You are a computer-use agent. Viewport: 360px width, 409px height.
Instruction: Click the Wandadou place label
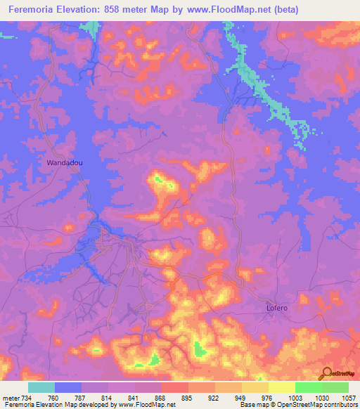coord(65,162)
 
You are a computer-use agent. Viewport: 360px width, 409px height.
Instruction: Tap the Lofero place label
coord(278,308)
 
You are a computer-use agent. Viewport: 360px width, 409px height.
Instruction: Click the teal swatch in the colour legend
coord(41,387)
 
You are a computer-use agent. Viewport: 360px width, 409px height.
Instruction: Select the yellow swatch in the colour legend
coord(282,387)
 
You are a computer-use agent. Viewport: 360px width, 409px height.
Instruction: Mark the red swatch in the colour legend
coord(175,387)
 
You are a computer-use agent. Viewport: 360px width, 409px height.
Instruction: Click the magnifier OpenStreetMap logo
coord(326,374)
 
